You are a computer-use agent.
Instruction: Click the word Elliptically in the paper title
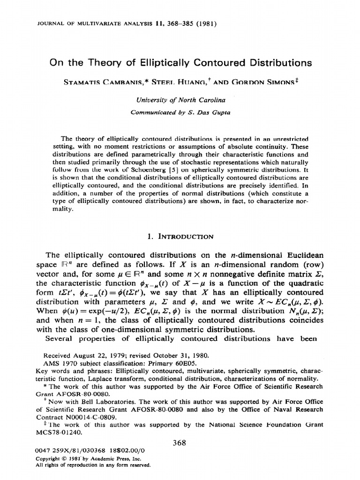[168, 63]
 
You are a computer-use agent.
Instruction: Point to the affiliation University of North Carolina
[180, 100]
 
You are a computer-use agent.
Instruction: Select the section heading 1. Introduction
[180, 236]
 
